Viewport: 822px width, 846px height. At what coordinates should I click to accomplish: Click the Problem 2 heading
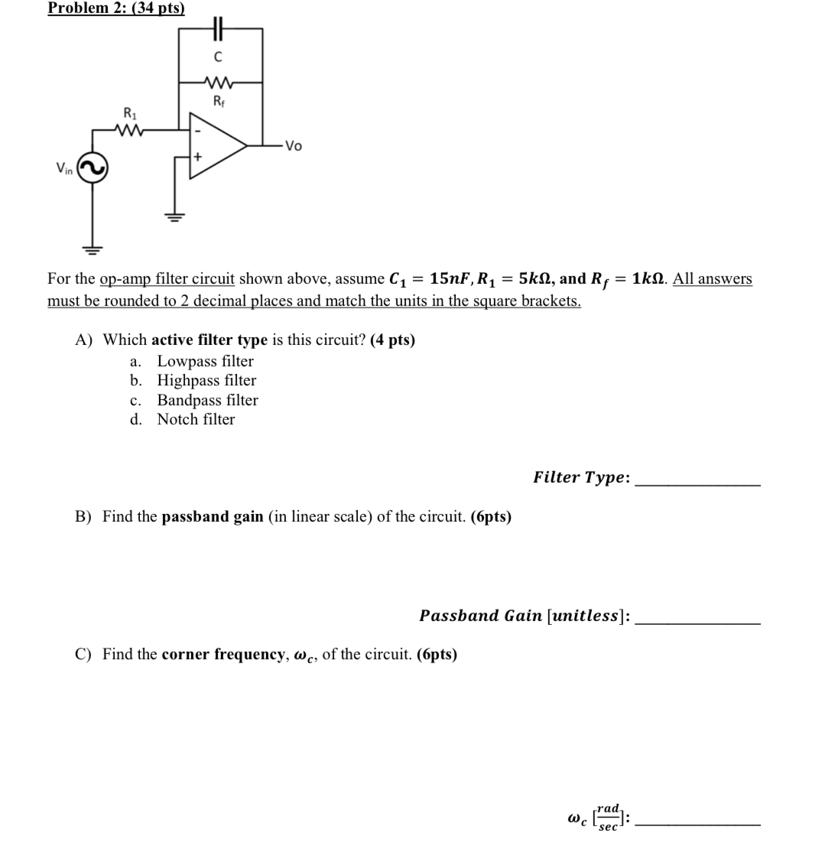coord(115,8)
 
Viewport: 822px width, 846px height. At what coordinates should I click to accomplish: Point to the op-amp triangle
coord(216,145)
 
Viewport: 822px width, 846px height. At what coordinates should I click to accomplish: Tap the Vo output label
coord(293,146)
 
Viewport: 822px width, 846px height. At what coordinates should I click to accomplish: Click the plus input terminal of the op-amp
coord(197,158)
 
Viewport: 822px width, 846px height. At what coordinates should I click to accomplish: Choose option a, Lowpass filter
coord(204,361)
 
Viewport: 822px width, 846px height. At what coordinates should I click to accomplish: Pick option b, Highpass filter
coord(206,380)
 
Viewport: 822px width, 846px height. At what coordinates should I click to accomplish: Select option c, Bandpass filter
coord(206,400)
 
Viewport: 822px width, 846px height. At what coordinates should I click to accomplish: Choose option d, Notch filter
coord(195,419)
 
